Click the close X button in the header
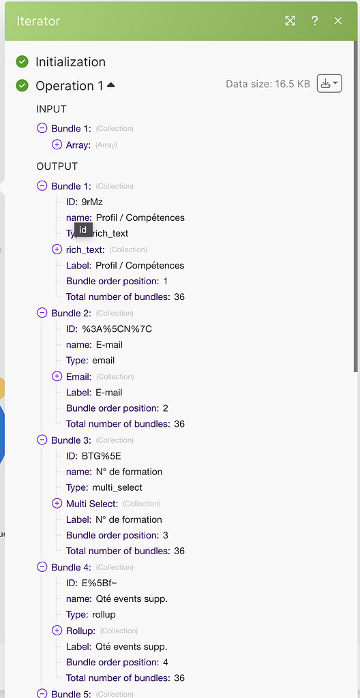pos(338,20)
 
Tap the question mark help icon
pos(314,20)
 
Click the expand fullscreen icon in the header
pos(290,20)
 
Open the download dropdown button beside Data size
pos(329,84)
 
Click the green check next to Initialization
pos(22,62)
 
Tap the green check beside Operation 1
pos(22,85)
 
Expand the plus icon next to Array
pos(57,145)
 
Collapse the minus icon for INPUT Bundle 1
pos(42,128)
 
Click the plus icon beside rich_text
pos(57,249)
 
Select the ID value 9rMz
pos(92,202)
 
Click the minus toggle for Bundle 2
pos(42,313)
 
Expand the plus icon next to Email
pos(57,376)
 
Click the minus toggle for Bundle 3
pos(42,440)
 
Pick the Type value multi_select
pos(117,487)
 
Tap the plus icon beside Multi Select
pos(57,504)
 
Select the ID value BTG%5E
pos(101,456)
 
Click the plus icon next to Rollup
pos(57,631)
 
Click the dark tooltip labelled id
pos(83,230)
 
